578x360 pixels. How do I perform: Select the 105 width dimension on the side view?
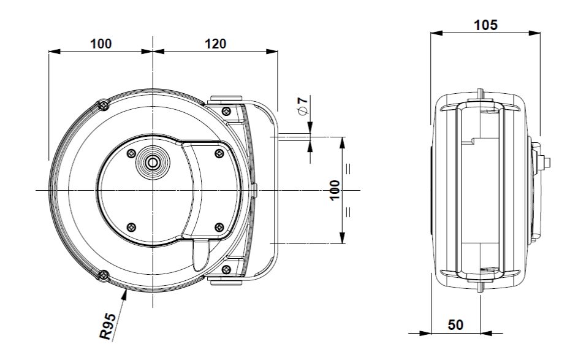[485, 25]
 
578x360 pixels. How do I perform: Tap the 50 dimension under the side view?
[455, 324]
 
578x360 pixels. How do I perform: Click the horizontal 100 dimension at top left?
[101, 44]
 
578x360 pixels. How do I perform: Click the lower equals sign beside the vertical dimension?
[348, 213]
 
